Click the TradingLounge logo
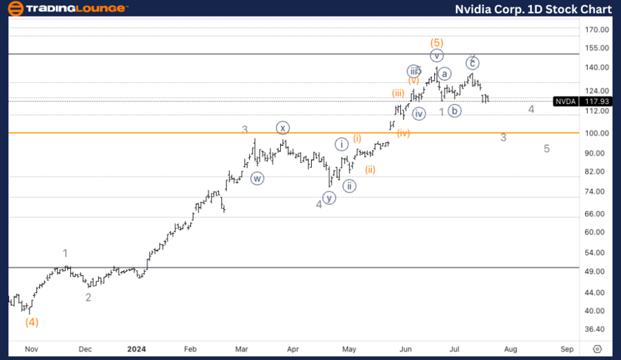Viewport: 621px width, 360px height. (68, 8)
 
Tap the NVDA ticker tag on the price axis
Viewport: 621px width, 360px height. (566, 101)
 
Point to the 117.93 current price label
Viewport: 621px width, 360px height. (595, 101)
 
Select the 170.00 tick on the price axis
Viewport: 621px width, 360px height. (595, 30)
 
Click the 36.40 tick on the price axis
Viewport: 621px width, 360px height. (595, 330)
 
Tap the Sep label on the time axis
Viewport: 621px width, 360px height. (566, 349)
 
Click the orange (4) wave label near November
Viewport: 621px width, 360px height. (32, 321)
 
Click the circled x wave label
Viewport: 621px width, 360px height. (283, 128)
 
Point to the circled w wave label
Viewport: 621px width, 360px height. (257, 178)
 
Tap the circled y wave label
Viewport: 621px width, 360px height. (329, 198)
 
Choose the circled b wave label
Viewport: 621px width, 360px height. (454, 110)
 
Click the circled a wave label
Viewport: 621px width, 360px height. (444, 74)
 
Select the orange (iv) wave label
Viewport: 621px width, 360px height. (403, 133)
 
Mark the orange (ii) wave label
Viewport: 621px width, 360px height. (370, 170)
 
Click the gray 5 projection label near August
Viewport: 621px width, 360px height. (546, 148)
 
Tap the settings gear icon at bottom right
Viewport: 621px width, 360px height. (598, 349)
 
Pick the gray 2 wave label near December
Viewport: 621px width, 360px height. (88, 297)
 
